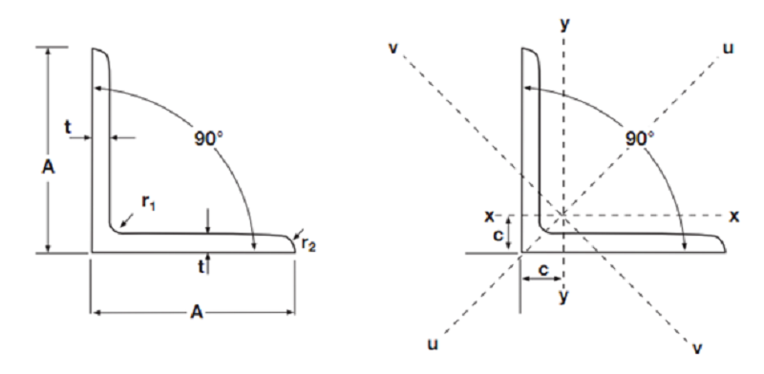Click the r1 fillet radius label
pos(145,203)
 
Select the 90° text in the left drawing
pos(205,137)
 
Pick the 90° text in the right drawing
pos(639,137)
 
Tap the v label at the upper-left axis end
pos(393,48)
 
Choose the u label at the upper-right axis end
pos(728,48)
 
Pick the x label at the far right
pos(733,217)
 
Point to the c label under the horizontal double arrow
pos(542,270)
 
